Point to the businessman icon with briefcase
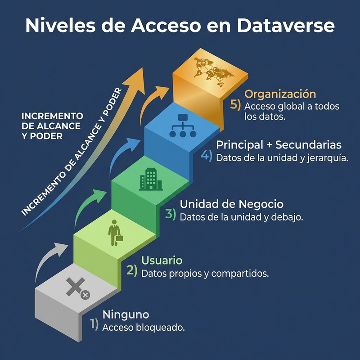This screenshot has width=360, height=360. click(x=115, y=232)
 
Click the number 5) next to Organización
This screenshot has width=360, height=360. click(x=235, y=104)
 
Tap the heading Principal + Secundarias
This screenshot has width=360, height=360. click(x=279, y=145)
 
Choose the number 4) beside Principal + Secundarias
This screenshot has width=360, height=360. click(x=206, y=155)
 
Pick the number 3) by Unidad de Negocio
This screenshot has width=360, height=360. click(x=170, y=214)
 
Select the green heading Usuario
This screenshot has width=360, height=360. click(x=162, y=260)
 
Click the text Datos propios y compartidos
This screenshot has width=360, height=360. click(x=205, y=273)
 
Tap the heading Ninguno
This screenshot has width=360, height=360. click(x=126, y=314)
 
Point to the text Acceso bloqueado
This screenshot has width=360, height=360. click(x=144, y=327)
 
